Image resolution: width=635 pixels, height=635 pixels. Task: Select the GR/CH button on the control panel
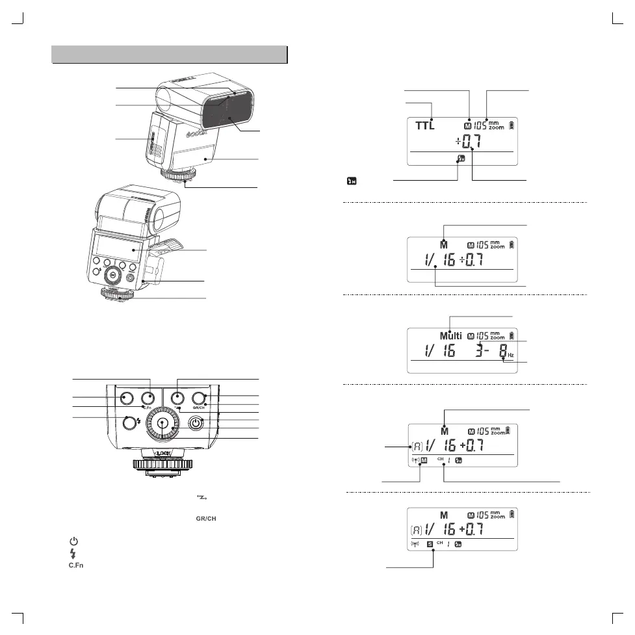[199, 397]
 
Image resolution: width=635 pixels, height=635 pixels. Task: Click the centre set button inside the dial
[162, 423]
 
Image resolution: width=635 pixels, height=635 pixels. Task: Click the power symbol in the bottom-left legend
[75, 541]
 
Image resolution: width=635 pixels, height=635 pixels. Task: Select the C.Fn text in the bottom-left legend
[75, 565]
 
